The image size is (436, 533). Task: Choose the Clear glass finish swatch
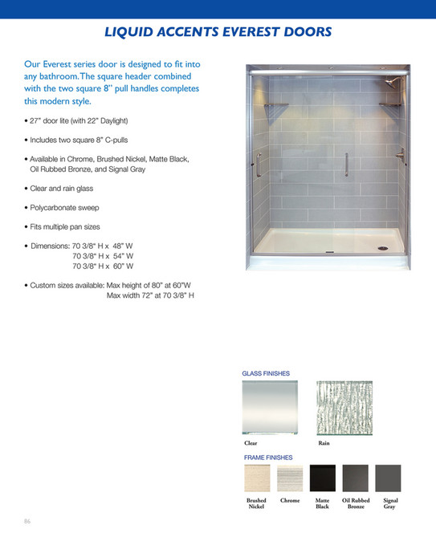point(270,407)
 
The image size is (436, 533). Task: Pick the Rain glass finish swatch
point(344,407)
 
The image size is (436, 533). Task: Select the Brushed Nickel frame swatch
point(256,478)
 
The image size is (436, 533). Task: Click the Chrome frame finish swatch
point(289,478)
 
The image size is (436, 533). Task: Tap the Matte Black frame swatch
point(322,478)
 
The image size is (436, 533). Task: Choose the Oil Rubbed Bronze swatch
point(355,478)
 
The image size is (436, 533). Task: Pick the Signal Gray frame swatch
point(389,478)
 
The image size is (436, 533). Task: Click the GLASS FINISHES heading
point(266,373)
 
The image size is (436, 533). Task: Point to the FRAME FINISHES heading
point(268,458)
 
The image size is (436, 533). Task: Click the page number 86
point(27,521)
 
